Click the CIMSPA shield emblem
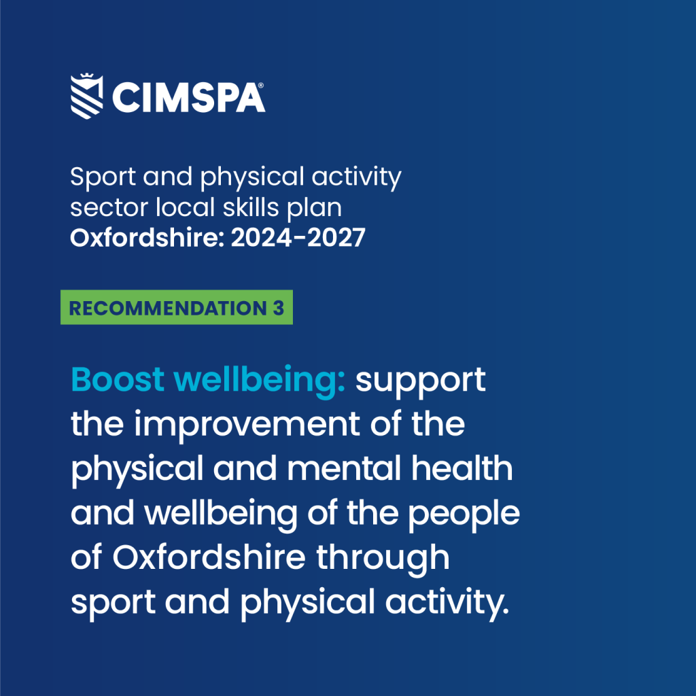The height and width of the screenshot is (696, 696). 87,97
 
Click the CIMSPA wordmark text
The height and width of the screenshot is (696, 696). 189,98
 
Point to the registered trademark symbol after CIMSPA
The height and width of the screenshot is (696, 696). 260,85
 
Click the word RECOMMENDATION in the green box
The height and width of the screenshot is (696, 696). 168,308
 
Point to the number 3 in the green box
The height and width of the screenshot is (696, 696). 278,308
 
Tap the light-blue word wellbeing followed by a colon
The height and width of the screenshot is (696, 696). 260,381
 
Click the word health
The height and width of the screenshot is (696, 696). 462,468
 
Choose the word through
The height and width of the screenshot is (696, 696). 383,559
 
